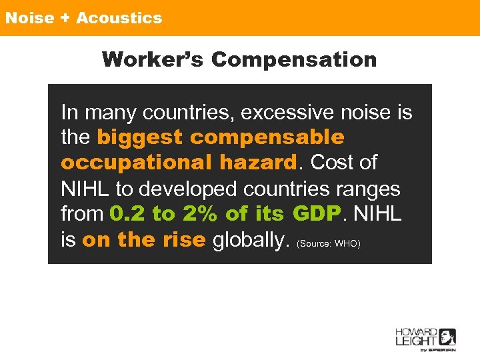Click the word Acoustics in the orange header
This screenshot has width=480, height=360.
pyautogui.click(x=119, y=18)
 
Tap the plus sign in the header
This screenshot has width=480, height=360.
pyautogui.click(x=65, y=18)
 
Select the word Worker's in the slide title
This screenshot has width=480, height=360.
pyautogui.click(x=153, y=60)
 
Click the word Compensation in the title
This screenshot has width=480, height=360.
pyautogui.click(x=294, y=60)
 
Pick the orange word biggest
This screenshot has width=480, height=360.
pyautogui.click(x=139, y=137)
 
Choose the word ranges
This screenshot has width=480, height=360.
pyautogui.click(x=368, y=189)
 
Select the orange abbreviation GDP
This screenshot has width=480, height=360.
pyautogui.click(x=317, y=214)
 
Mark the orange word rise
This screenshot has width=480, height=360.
pyautogui.click(x=183, y=240)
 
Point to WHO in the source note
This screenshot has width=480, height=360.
pyautogui.click(x=347, y=244)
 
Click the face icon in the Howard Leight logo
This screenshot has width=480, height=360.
pyautogui.click(x=447, y=337)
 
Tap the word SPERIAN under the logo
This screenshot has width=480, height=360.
pyautogui.click(x=442, y=349)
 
